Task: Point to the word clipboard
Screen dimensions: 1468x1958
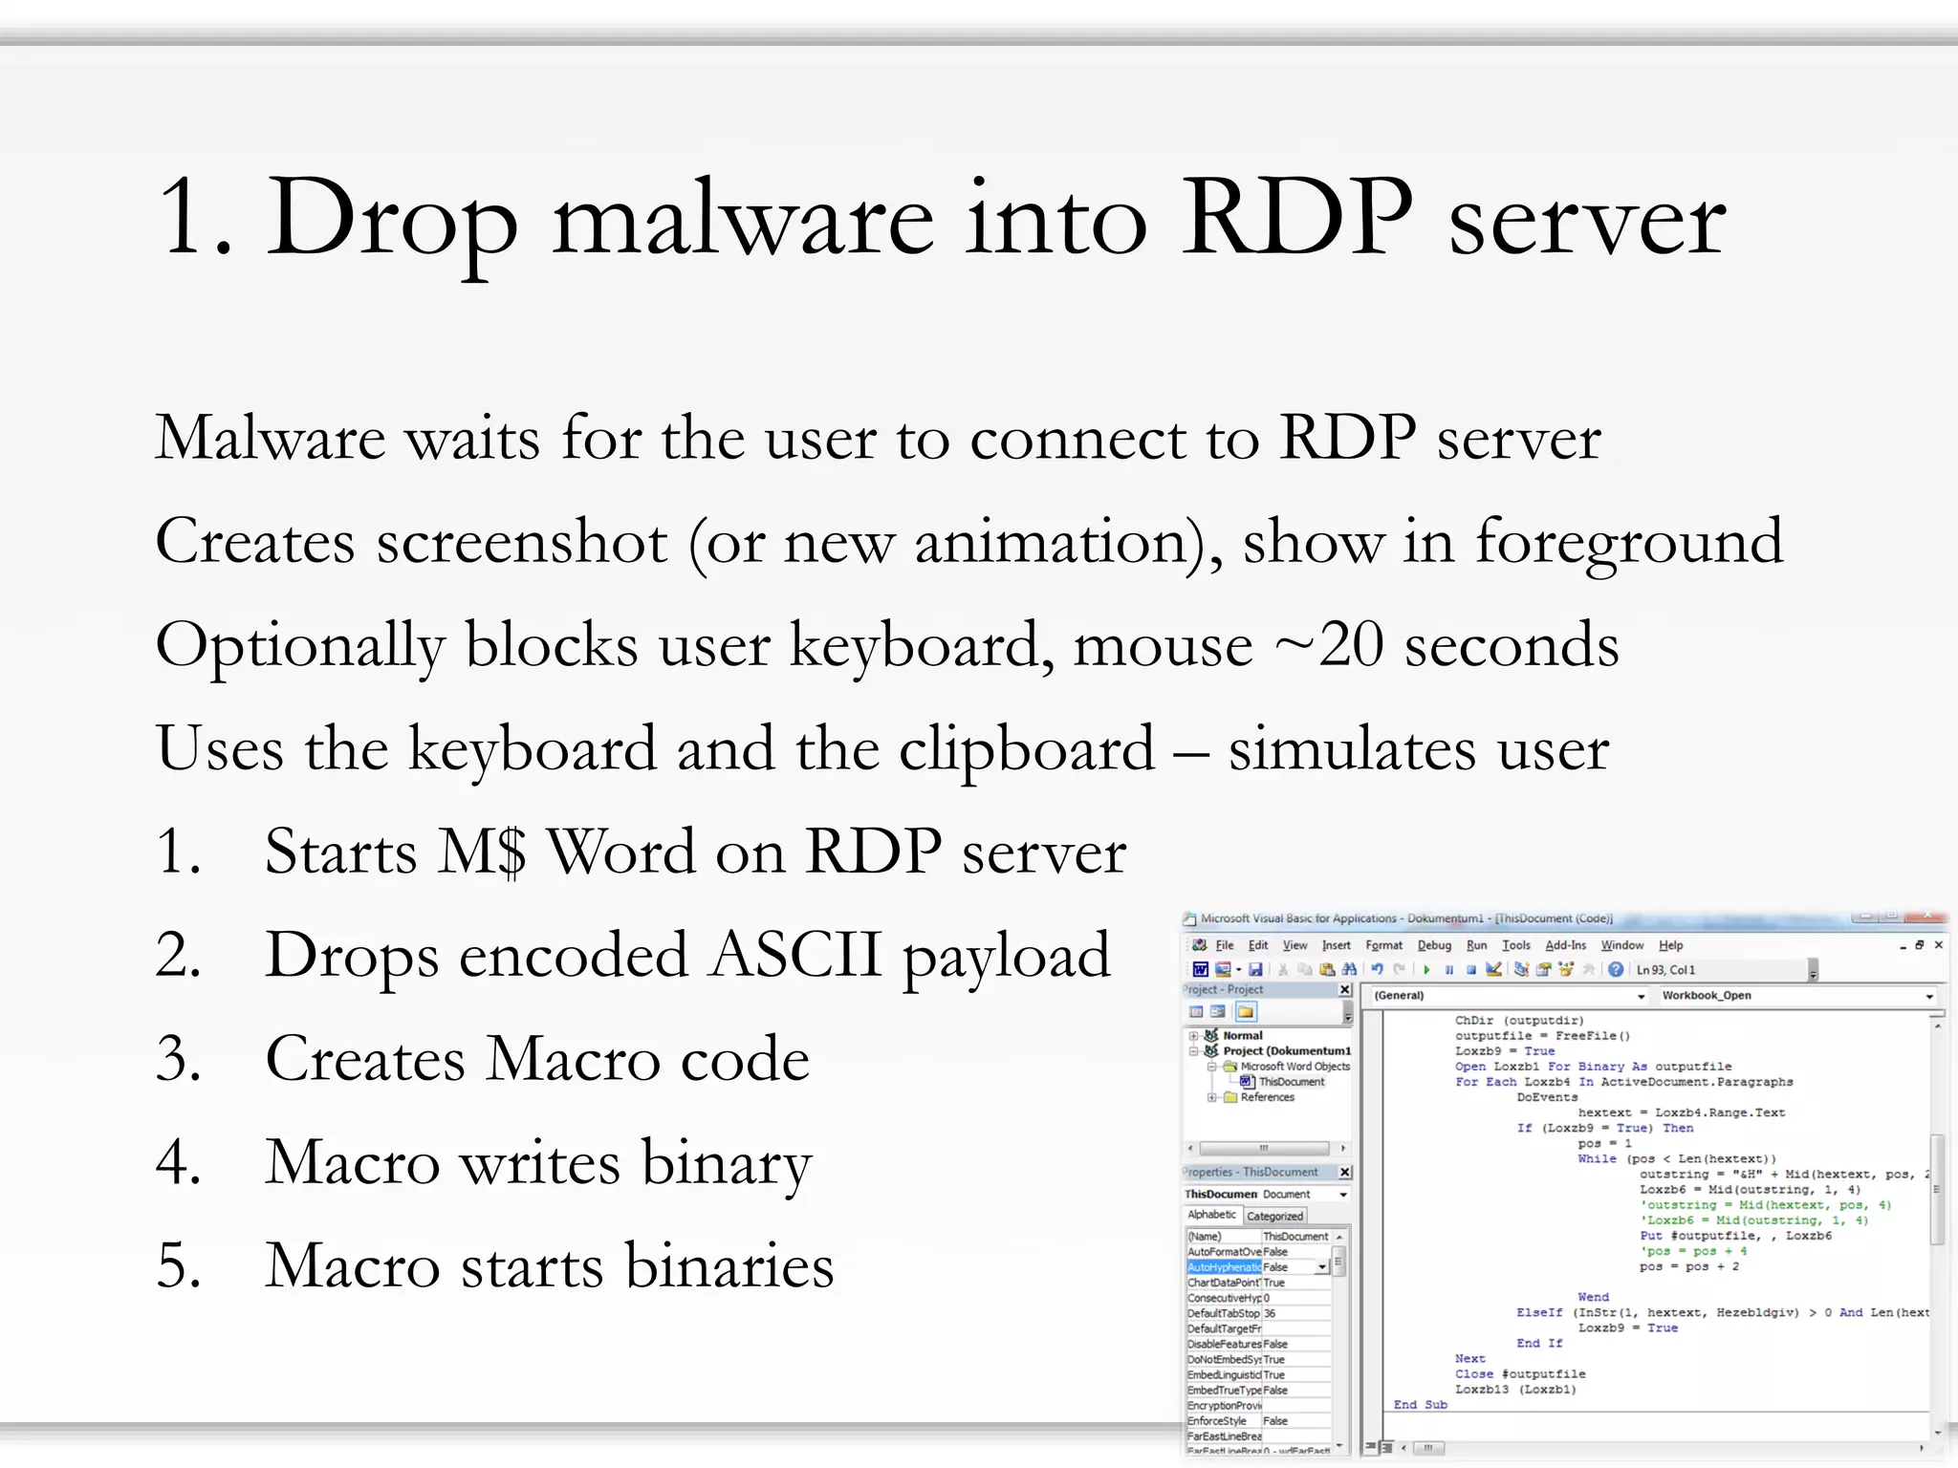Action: point(1026,748)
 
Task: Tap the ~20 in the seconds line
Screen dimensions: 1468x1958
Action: point(1329,645)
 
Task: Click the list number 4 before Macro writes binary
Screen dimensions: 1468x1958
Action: point(179,1162)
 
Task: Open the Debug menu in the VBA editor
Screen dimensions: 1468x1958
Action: point(1433,945)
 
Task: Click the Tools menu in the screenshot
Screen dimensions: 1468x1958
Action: point(1515,945)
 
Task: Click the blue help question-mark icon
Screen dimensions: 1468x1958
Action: point(1615,969)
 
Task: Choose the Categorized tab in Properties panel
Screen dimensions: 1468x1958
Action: point(1274,1216)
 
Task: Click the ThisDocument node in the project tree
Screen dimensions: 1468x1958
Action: point(1291,1082)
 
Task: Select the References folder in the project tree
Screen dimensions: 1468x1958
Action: point(1267,1097)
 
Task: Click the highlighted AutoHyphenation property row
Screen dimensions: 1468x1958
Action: point(1225,1267)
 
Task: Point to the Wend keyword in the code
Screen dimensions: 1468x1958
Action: point(1593,1297)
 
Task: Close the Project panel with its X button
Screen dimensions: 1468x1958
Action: point(1345,989)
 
